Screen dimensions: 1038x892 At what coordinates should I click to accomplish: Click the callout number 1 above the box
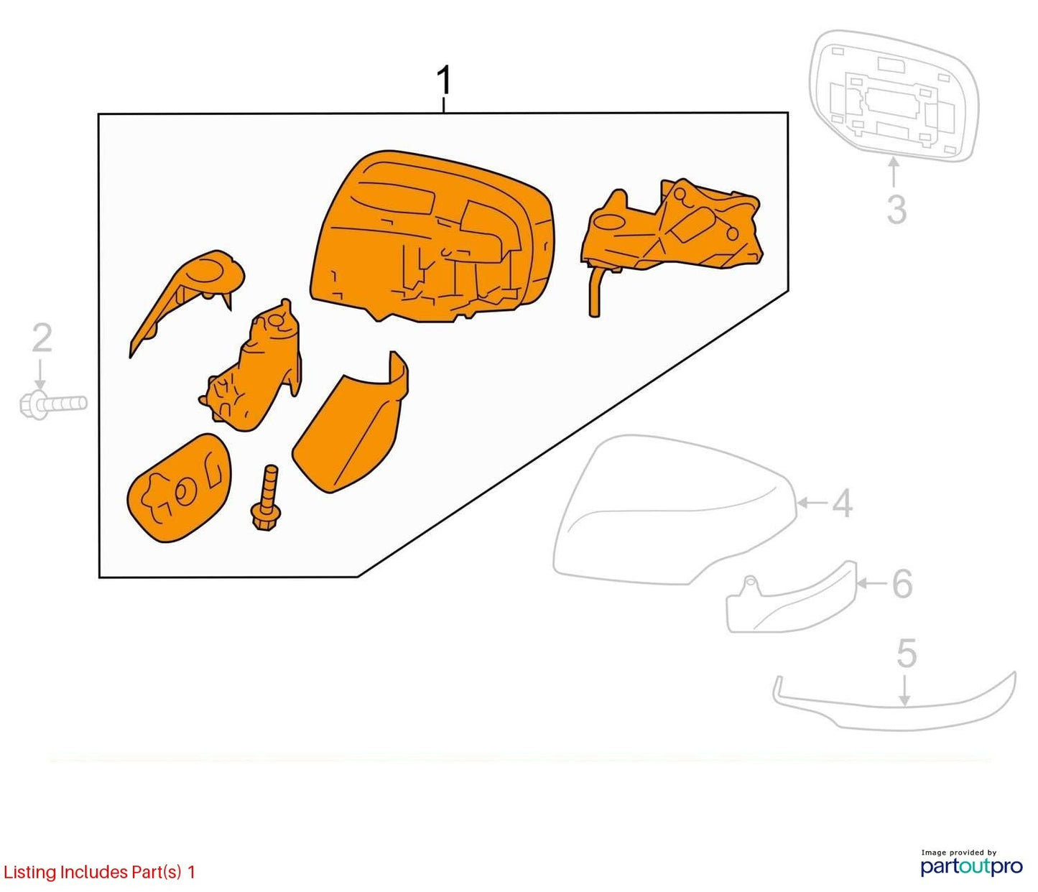(444, 80)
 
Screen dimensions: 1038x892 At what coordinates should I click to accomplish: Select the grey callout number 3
(897, 209)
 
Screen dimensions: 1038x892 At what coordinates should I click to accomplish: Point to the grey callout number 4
(842, 503)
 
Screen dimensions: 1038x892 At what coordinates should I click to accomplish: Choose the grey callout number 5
(907, 654)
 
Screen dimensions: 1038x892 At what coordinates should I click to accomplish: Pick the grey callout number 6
(902, 584)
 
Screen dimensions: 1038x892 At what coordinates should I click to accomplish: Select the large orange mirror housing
(433, 236)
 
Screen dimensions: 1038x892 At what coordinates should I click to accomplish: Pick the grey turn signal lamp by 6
(792, 598)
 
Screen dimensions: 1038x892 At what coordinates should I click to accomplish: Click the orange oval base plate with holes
(180, 488)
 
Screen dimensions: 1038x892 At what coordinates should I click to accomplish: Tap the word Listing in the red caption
(31, 873)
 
